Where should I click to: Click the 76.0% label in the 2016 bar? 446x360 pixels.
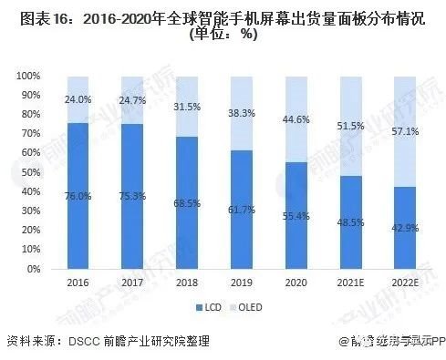click(x=79, y=194)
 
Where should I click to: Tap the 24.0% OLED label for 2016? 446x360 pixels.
click(x=79, y=98)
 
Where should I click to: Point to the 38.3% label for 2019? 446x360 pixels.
click(x=241, y=112)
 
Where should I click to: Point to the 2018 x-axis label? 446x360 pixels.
click(x=187, y=283)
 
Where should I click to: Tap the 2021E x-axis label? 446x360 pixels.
click(x=349, y=283)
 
